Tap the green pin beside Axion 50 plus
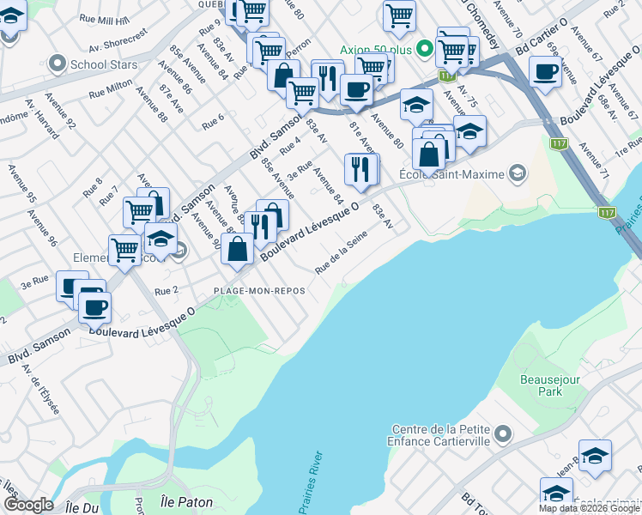tap(423, 49)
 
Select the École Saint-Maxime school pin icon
tap(517, 175)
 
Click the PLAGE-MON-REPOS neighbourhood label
tap(259, 291)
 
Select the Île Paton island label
tap(186, 501)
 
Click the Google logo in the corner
tap(28, 505)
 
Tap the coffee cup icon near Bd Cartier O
tap(545, 72)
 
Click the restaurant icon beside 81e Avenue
tap(360, 169)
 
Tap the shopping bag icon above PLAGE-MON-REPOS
tap(238, 250)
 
